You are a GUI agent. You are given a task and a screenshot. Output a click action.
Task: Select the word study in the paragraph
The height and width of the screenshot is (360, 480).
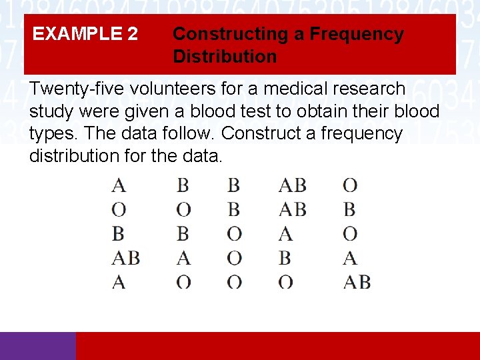coord(51,111)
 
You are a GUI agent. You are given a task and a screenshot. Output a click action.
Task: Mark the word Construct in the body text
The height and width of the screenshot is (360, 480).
coord(266,134)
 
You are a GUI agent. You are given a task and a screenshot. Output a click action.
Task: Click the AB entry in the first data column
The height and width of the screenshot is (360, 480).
coord(125,257)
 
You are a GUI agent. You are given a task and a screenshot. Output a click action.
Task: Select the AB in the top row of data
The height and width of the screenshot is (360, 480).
coord(292,185)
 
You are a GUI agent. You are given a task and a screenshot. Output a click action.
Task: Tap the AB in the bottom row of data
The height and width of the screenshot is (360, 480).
coord(357,282)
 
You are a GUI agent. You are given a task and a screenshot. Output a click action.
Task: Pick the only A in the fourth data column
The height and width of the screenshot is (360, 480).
coord(285,233)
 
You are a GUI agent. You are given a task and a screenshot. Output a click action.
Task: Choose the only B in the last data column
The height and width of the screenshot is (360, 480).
coord(349,209)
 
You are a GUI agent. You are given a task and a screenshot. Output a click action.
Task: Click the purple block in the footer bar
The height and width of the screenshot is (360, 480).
coord(38,346)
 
